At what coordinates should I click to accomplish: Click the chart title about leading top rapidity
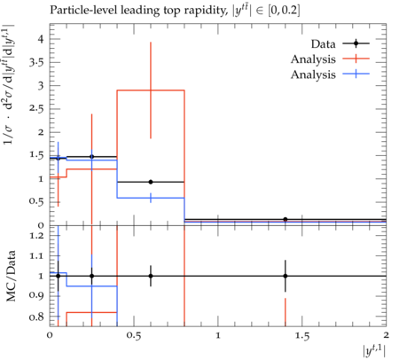pos(175,11)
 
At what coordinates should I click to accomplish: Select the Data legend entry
pos(340,43)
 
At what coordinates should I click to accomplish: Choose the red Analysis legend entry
pos(330,59)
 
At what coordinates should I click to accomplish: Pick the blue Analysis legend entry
pos(330,74)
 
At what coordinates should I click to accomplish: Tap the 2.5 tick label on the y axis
pos(36,109)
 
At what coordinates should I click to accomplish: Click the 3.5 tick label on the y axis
pos(36,62)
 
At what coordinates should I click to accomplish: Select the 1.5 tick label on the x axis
pos(302,336)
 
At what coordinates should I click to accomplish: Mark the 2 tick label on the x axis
pos(386,335)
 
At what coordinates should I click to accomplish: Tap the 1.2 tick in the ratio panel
pos(36,236)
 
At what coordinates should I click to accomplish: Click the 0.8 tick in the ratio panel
pos(36,317)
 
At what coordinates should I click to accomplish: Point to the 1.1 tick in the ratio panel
pos(36,256)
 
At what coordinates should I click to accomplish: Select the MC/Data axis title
pos(11,276)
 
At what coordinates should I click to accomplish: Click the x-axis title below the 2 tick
pos(374,352)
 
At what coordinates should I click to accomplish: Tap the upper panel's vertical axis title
pos(9,84)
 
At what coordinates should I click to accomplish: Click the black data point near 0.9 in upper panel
pos(151,182)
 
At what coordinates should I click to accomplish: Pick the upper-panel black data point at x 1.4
pos(286,219)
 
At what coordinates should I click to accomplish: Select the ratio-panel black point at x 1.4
pos(286,276)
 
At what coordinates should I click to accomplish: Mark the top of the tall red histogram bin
pos(151,90)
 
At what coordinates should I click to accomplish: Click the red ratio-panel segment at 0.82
pos(91,312)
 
